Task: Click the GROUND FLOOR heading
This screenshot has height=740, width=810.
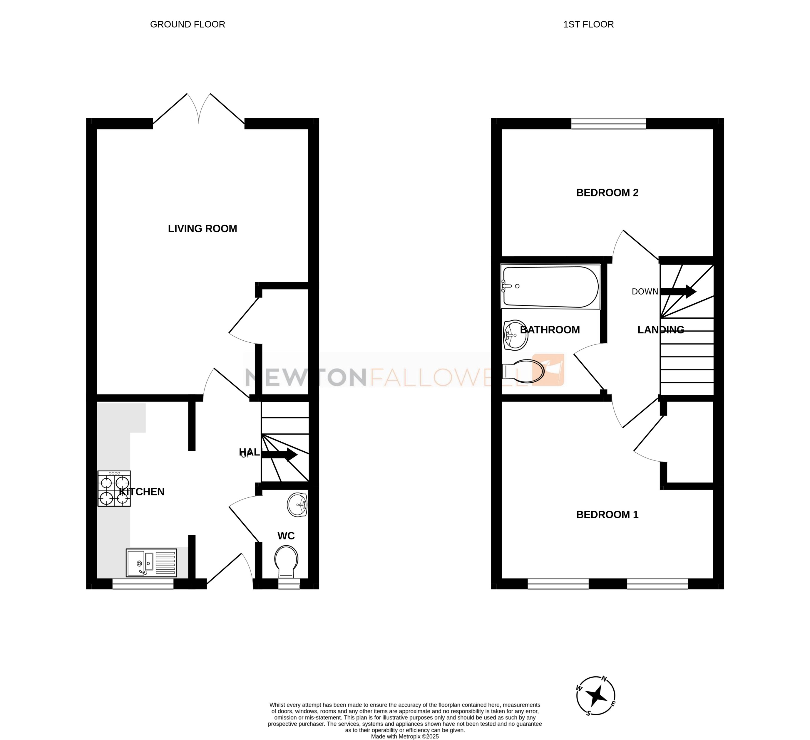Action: click(x=187, y=24)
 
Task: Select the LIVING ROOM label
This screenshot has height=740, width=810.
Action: click(x=202, y=229)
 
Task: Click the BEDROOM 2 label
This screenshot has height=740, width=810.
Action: click(x=607, y=193)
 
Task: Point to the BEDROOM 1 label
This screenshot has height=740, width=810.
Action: click(x=607, y=514)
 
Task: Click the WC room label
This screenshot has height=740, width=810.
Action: click(x=286, y=536)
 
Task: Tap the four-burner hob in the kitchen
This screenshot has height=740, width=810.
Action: click(x=114, y=488)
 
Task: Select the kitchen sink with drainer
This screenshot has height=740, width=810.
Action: click(x=151, y=563)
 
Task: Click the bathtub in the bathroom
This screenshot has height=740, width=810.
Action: click(x=550, y=287)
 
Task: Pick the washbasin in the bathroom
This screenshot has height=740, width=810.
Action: click(x=515, y=335)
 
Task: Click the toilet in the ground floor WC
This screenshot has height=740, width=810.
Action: click(x=286, y=560)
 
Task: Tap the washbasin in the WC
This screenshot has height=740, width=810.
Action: click(x=297, y=504)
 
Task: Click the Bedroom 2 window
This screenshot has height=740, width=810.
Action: click(x=608, y=124)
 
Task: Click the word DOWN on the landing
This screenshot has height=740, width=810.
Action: click(x=645, y=292)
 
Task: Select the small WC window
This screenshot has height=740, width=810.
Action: click(x=289, y=584)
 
